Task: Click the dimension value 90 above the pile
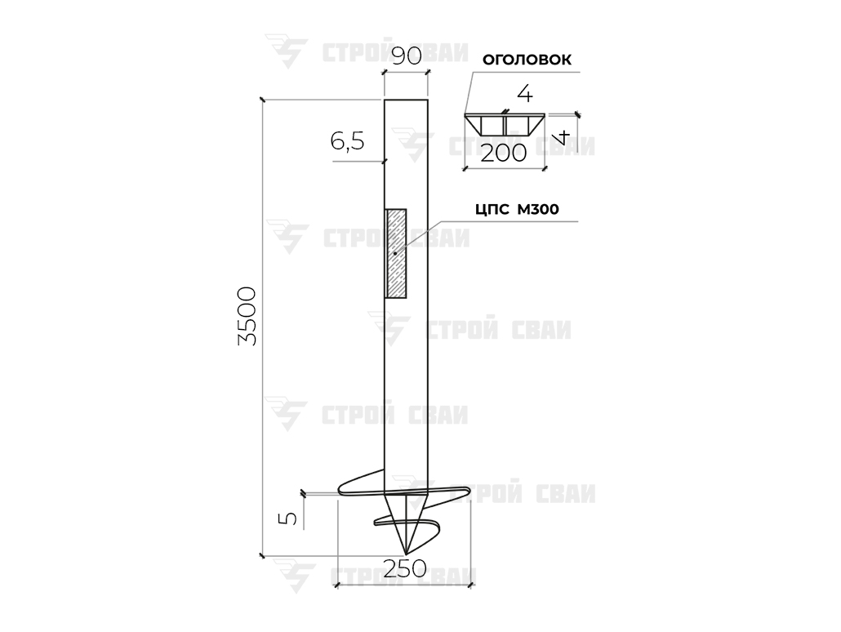point(406,56)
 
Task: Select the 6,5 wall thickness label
point(347,141)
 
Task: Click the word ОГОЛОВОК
point(527,60)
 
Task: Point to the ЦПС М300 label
point(517,209)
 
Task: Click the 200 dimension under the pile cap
point(504,154)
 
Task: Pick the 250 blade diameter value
point(405,568)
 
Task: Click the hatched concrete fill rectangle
point(396,253)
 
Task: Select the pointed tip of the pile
point(407,553)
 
